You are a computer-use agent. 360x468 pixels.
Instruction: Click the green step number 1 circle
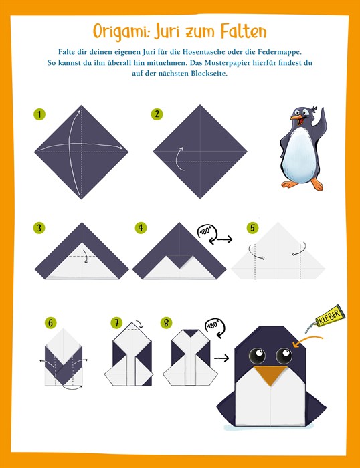[x=39, y=114]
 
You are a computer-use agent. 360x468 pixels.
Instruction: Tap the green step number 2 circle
[x=157, y=114]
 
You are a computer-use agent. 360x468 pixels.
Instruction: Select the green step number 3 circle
[x=39, y=228]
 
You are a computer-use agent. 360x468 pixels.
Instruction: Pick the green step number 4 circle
[x=141, y=228]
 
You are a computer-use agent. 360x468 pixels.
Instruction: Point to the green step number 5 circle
[x=252, y=228]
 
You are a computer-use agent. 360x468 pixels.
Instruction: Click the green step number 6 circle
[x=50, y=323]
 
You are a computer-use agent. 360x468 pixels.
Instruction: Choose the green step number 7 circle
[x=116, y=323]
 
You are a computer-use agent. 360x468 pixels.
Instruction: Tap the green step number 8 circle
[x=166, y=323]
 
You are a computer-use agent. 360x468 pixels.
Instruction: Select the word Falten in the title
[x=244, y=31]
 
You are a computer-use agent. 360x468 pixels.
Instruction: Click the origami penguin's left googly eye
[x=257, y=355]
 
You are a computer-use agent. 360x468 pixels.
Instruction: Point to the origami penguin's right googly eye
[x=284, y=355]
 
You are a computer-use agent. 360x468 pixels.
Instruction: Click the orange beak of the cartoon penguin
[x=297, y=119]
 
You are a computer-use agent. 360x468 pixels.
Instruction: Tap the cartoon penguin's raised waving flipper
[x=321, y=120]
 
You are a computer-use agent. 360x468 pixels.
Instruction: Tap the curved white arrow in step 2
[x=179, y=159]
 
